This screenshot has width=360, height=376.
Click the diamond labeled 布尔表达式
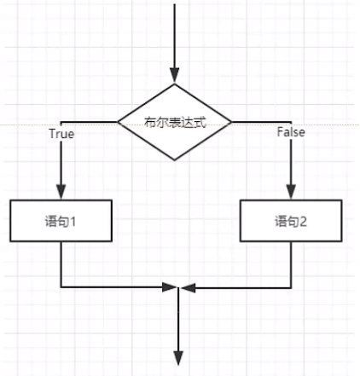coord(175,122)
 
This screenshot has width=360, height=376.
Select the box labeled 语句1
coord(61,222)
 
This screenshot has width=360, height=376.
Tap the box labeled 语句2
coord(291,222)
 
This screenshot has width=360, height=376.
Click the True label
coord(61,134)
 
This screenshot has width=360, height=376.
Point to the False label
coord(291,133)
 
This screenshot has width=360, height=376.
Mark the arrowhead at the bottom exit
coord(177,357)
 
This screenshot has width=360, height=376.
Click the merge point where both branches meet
coord(177,288)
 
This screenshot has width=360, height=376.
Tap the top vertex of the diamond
coord(175,84)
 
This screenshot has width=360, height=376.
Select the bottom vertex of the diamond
coord(175,161)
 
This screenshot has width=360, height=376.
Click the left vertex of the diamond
coord(117,122)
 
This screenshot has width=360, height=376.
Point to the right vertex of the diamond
coord(233,122)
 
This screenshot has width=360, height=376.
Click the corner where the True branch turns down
coord(61,122)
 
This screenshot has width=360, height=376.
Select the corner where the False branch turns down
coord(291,122)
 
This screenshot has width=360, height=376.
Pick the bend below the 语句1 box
coord(61,287)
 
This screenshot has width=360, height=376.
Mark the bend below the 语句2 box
coord(291,287)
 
